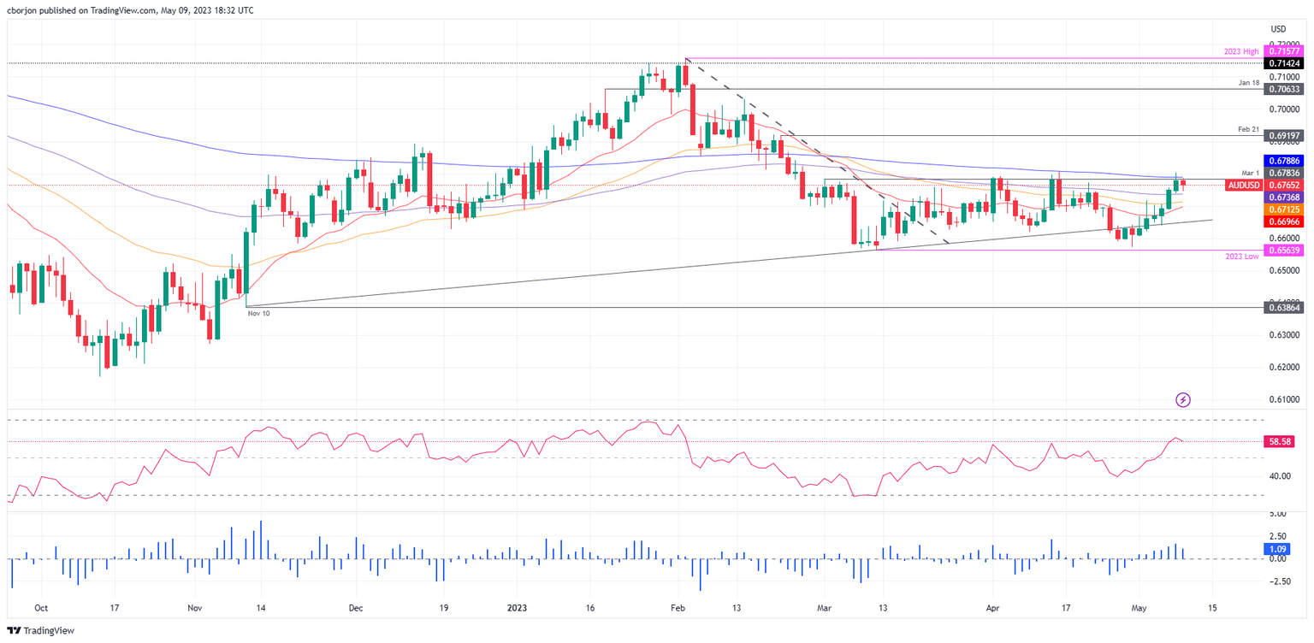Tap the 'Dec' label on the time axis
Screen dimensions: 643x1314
356,608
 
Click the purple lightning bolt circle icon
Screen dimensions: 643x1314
1183,399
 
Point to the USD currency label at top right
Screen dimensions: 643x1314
1278,29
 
